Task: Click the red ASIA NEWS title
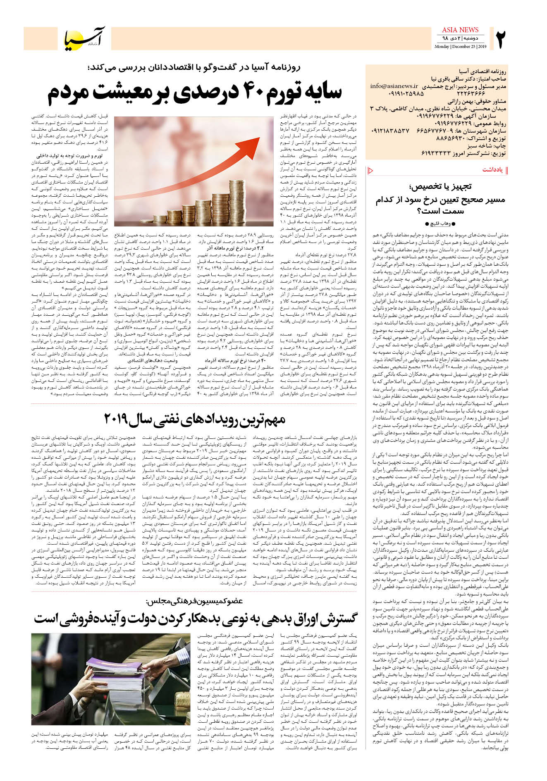(x=460, y=30)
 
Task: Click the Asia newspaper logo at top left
(x=85, y=38)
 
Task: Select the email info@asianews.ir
(x=394, y=86)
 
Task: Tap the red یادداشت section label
(x=492, y=170)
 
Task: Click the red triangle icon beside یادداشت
(x=370, y=170)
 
